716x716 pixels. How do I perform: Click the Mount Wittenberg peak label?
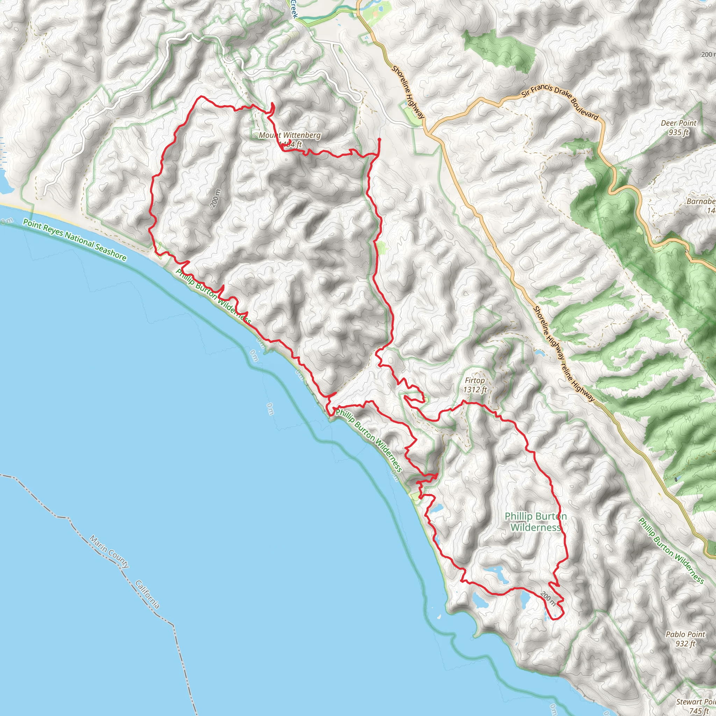point(289,135)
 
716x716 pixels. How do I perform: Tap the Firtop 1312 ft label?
point(475,385)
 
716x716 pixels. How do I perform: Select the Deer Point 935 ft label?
point(679,127)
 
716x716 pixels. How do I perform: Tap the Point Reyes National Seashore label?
point(74,239)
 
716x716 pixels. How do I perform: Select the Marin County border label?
point(109,552)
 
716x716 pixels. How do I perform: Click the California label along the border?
point(148,594)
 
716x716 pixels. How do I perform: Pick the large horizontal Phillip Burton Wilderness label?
point(536,521)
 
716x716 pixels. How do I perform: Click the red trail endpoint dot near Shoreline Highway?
point(379,139)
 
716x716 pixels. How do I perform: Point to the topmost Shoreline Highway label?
point(408,92)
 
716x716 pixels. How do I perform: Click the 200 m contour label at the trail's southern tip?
point(548,599)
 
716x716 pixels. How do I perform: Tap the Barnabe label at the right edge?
point(702,206)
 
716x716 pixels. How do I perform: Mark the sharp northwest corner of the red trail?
point(201,96)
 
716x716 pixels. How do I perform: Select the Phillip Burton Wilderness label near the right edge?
point(671,550)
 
